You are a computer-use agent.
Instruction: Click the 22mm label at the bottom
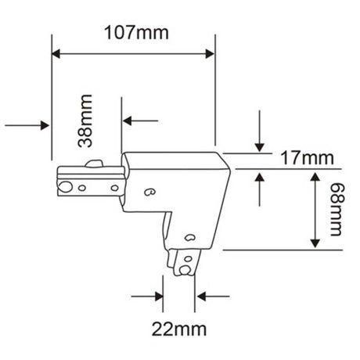pyautogui.click(x=178, y=328)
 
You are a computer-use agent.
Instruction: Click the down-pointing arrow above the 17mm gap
pyautogui.click(x=259, y=147)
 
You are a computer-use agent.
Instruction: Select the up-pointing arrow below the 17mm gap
pyautogui.click(x=259, y=176)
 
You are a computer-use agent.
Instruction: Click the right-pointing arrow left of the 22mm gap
pyautogui.click(x=160, y=297)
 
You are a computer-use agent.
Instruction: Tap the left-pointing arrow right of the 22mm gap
pyautogui.click(x=203, y=297)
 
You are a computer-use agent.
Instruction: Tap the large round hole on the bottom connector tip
pyautogui.click(x=185, y=270)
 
